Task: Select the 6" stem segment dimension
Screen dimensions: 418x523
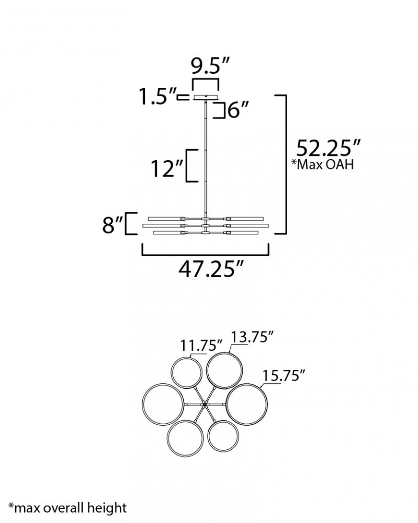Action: tap(238, 109)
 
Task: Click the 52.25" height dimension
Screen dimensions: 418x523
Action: tap(329, 148)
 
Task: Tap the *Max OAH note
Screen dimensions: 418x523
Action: tap(322, 164)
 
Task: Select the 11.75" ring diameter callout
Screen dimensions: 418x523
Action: tap(201, 345)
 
